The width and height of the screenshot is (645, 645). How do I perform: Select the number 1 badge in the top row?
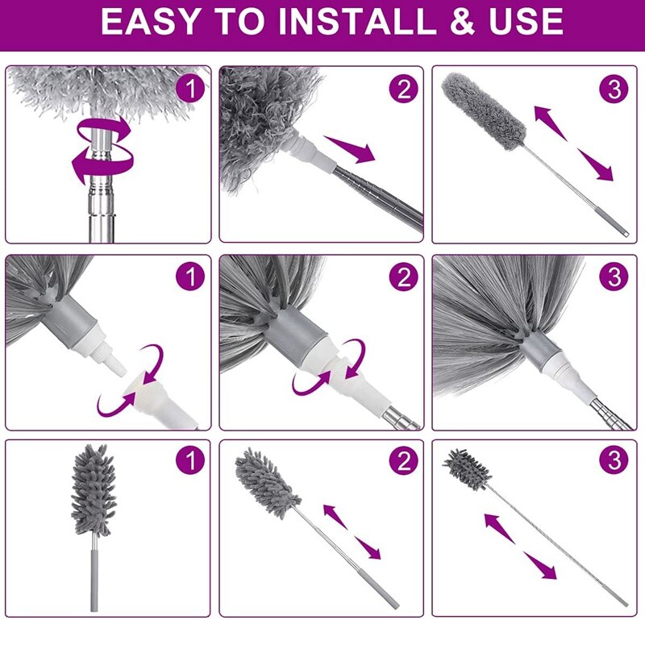(190, 89)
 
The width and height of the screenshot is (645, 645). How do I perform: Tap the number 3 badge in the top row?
(615, 89)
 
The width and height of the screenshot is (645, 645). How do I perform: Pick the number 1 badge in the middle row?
(190, 277)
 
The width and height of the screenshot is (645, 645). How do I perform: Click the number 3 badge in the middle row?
(615, 277)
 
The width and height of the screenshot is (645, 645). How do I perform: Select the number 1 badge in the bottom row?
(190, 462)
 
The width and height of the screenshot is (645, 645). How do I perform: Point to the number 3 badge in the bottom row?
(615, 462)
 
